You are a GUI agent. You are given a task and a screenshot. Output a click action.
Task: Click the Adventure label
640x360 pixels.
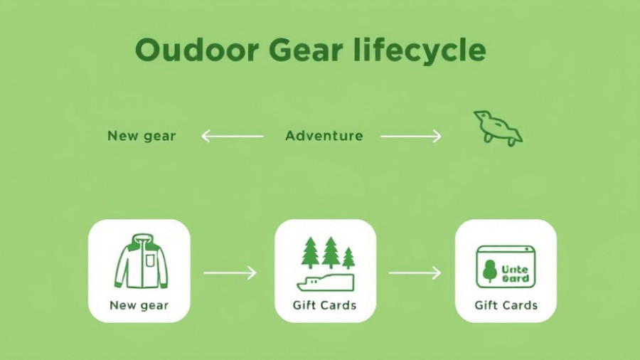tap(324, 135)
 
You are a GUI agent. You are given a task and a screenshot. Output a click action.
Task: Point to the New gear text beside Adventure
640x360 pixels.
tap(142, 135)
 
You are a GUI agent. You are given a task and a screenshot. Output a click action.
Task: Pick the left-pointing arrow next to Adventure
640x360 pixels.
tap(232, 135)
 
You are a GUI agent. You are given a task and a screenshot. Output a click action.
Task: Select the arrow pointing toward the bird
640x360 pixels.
tap(411, 135)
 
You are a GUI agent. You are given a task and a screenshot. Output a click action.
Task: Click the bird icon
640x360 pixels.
tap(497, 128)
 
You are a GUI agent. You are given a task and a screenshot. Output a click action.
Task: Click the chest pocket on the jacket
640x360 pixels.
tap(150, 261)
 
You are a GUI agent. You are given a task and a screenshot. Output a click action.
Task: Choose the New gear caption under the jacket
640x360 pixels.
tap(139, 306)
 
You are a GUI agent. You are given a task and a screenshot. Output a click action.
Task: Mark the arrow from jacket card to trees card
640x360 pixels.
tap(230, 272)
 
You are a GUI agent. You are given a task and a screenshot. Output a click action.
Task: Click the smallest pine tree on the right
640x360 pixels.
tap(348, 257)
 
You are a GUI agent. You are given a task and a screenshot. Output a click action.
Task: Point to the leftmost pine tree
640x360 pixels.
tap(310, 252)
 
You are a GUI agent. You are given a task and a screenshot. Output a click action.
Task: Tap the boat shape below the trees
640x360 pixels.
tap(325, 282)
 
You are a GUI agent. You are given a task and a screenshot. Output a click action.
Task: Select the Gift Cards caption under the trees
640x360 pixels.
tap(324, 306)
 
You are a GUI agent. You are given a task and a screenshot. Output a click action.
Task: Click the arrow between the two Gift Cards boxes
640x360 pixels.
tap(415, 272)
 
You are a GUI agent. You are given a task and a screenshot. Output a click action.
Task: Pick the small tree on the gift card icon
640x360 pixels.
tap(489, 270)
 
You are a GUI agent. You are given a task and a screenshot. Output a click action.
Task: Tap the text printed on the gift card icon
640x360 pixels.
tap(515, 274)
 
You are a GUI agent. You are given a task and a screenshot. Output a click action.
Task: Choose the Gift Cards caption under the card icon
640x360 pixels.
tap(506, 306)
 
